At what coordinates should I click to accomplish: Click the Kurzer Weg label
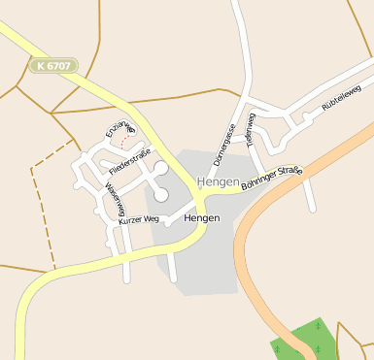[x=138, y=220]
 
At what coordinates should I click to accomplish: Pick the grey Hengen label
[x=217, y=181]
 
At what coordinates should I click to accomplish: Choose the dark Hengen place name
[x=201, y=218]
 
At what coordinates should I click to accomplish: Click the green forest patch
[x=304, y=340]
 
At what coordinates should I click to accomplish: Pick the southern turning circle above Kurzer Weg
[x=160, y=195]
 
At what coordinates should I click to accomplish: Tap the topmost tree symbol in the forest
[x=318, y=327]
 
